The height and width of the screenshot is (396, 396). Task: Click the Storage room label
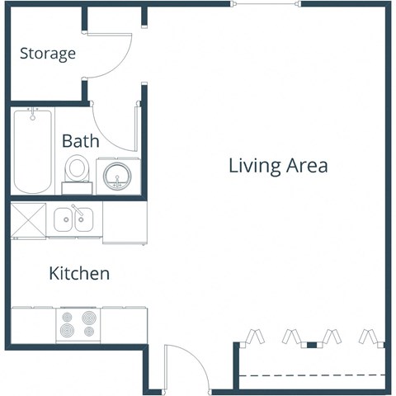pyautogui.click(x=48, y=54)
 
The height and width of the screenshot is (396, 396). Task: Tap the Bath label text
pyautogui.click(x=80, y=140)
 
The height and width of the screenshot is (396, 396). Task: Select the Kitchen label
pyautogui.click(x=79, y=273)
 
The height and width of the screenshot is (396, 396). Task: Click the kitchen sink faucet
pyautogui.click(x=75, y=208)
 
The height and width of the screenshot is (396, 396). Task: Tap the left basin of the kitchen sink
pyautogui.click(x=64, y=220)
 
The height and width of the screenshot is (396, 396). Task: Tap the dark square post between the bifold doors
pyautogui.click(x=313, y=343)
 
